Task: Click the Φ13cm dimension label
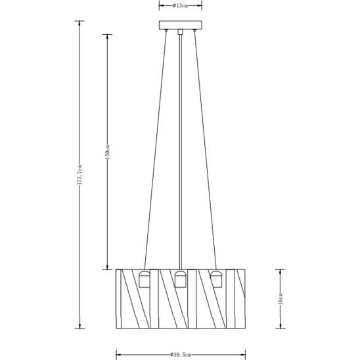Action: [180, 6]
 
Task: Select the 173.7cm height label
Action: [79, 175]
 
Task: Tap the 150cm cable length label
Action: [108, 152]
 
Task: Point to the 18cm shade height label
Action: [280, 299]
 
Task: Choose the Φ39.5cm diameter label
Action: [181, 355]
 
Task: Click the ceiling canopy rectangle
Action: [181, 25]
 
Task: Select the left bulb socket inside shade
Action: [145, 279]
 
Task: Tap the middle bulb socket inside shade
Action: [181, 279]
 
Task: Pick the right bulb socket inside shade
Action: [216, 279]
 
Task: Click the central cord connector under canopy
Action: [181, 32]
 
